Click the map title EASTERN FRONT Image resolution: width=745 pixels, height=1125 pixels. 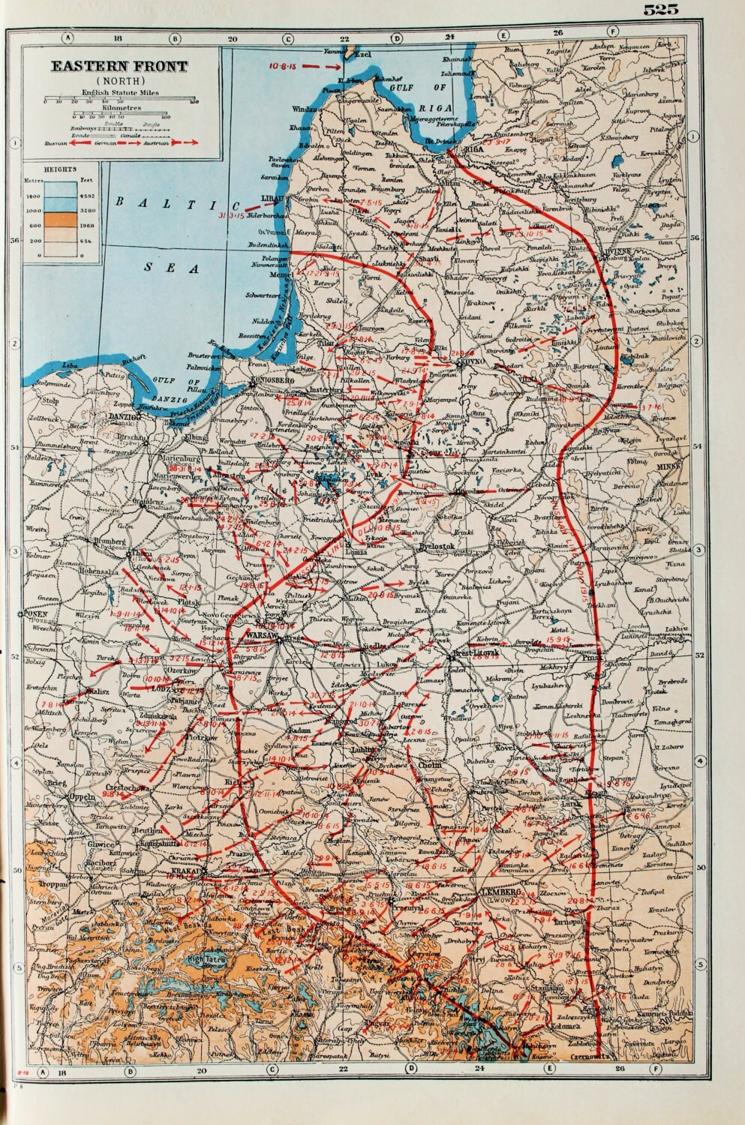pos(119,67)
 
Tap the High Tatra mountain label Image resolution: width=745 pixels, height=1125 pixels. pos(205,958)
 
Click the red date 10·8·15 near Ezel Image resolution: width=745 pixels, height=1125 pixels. pos(284,65)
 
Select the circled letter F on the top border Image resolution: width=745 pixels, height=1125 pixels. pos(614,32)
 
